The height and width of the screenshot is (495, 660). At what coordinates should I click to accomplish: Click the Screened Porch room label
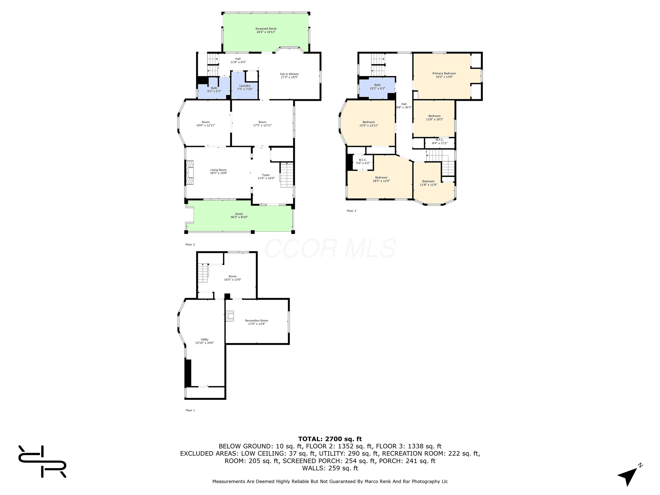pyautogui.click(x=266, y=30)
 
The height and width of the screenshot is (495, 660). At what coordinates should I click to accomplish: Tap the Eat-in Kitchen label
pyautogui.click(x=289, y=76)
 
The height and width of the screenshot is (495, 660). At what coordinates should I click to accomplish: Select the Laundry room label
pyautogui.click(x=245, y=87)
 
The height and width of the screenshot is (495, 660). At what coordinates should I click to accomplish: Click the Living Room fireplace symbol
pyautogui.click(x=190, y=172)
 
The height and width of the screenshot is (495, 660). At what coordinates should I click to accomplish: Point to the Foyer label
pyautogui.click(x=266, y=177)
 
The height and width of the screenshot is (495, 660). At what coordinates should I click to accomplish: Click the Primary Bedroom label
pyautogui.click(x=444, y=75)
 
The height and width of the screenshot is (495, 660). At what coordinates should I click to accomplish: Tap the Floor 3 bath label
pyautogui.click(x=377, y=87)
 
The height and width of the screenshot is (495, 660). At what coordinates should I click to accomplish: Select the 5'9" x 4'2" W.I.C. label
pyautogui.click(x=363, y=161)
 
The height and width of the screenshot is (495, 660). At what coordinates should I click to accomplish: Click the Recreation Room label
pyautogui.click(x=257, y=322)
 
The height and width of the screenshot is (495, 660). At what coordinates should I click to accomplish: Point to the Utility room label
pyautogui.click(x=205, y=341)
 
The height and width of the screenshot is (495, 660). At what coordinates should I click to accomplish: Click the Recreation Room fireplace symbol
pyautogui.click(x=229, y=316)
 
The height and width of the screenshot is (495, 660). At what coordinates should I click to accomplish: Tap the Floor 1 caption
pyautogui.click(x=190, y=410)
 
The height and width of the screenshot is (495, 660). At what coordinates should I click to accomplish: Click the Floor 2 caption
pyautogui.click(x=190, y=245)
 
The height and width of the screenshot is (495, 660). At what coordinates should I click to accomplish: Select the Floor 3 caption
pyautogui.click(x=352, y=211)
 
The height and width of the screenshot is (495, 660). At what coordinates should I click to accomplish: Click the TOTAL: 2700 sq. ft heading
pyautogui.click(x=330, y=439)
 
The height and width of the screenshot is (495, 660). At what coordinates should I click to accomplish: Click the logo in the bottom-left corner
pyautogui.click(x=42, y=461)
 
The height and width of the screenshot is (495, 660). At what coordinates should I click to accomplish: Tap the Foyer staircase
pyautogui.click(x=286, y=175)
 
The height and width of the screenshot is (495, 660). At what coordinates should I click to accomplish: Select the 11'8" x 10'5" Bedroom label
pyautogui.click(x=434, y=118)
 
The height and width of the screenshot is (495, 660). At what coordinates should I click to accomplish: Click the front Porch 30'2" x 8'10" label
pyautogui.click(x=239, y=216)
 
